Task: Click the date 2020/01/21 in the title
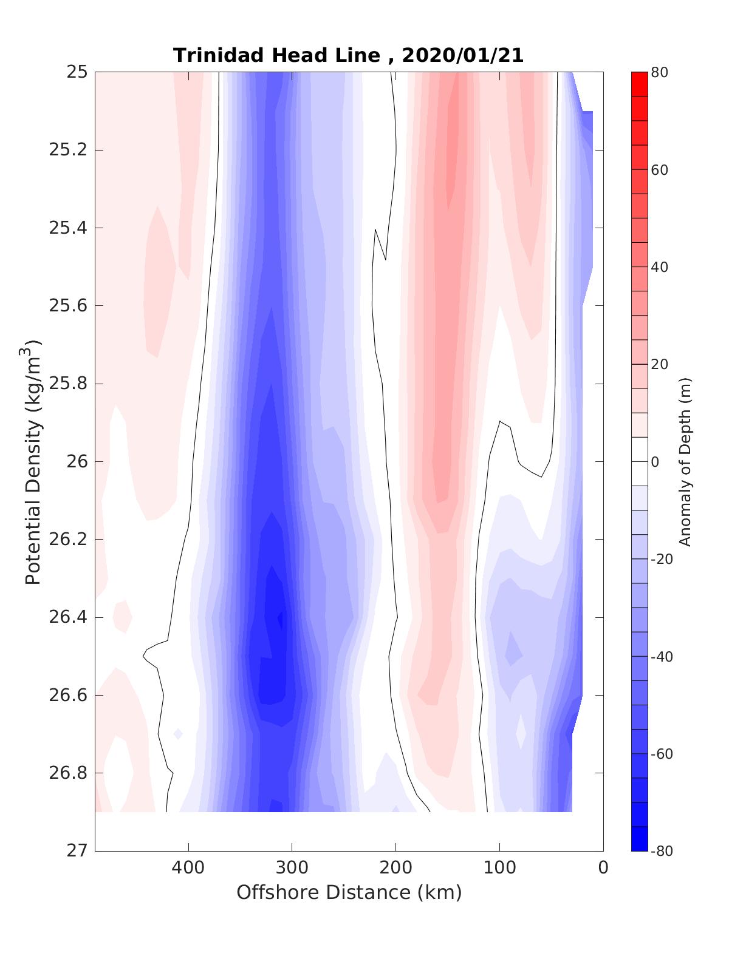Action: pyautogui.click(x=462, y=55)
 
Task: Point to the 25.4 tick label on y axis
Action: pyautogui.click(x=67, y=228)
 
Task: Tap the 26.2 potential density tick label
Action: pyautogui.click(x=67, y=540)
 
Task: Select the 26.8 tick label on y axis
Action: pyautogui.click(x=67, y=773)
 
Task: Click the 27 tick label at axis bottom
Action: pyautogui.click(x=77, y=851)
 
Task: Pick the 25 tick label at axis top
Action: pyautogui.click(x=77, y=72)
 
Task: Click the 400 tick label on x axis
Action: pyautogui.click(x=188, y=868)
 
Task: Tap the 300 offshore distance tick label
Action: pyautogui.click(x=292, y=868)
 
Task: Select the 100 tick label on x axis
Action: pyautogui.click(x=500, y=868)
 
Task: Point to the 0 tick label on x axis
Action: pyautogui.click(x=603, y=868)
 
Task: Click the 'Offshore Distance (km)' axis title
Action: pyautogui.click(x=349, y=892)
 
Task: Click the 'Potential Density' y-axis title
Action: pyautogui.click(x=33, y=461)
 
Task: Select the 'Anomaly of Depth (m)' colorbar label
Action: pyautogui.click(x=685, y=461)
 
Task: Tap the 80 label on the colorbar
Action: pyautogui.click(x=660, y=72)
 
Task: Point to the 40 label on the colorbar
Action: pyautogui.click(x=660, y=267)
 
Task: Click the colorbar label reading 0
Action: pyautogui.click(x=655, y=462)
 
